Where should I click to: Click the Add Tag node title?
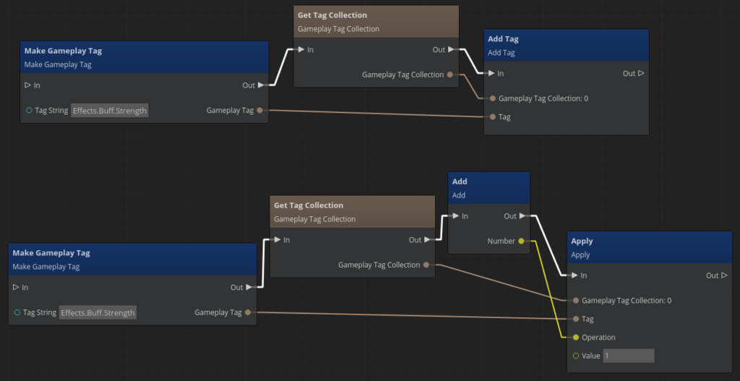(x=503, y=39)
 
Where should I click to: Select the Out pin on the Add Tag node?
(x=641, y=73)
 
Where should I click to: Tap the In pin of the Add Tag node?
(x=491, y=73)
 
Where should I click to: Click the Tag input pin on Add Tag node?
(x=493, y=116)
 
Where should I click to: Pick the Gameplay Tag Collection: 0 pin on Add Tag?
(x=493, y=98)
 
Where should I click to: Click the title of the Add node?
(x=460, y=181)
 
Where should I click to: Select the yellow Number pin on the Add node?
(x=522, y=241)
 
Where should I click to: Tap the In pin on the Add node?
(x=455, y=215)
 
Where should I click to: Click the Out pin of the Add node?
(x=522, y=215)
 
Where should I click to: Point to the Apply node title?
(x=582, y=241)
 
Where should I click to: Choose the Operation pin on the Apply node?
(x=576, y=338)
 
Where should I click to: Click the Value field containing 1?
(x=628, y=356)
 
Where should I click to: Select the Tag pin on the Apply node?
(x=576, y=319)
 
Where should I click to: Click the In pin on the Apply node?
(x=575, y=275)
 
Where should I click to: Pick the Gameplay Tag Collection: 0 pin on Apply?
(x=576, y=300)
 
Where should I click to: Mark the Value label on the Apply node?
(x=590, y=356)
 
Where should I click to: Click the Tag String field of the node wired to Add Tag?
(x=109, y=111)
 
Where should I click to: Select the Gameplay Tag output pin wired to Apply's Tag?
(x=248, y=312)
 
